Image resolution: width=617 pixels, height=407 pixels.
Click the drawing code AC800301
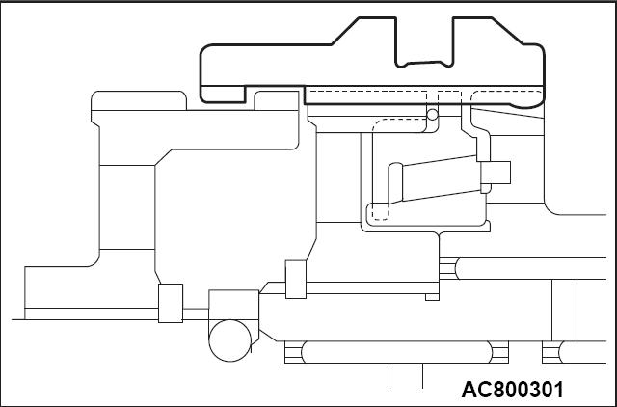(512, 390)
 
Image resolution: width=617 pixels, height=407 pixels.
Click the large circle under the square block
(229, 340)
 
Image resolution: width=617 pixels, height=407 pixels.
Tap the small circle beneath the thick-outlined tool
(433, 115)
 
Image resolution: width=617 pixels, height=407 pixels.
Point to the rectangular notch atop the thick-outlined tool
(424, 41)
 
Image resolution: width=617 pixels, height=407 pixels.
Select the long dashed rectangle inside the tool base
(367, 97)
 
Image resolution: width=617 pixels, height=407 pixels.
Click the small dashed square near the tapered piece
(381, 212)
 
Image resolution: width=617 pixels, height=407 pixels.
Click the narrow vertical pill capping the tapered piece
(395, 183)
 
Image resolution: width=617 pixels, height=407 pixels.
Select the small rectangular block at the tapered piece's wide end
(496, 173)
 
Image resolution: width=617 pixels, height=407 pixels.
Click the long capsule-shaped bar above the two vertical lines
(396, 352)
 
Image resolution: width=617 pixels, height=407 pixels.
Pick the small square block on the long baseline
(171, 303)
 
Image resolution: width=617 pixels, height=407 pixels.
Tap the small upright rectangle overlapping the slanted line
(296, 280)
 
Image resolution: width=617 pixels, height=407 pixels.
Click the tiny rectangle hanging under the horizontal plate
(432, 297)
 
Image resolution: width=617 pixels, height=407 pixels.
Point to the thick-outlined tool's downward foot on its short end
(223, 95)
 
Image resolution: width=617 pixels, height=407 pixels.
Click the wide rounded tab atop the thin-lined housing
(139, 100)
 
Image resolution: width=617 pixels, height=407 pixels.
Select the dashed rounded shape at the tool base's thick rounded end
(507, 97)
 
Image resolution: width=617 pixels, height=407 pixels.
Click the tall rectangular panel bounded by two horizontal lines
(127, 207)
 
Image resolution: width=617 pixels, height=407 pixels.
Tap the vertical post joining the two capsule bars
(564, 311)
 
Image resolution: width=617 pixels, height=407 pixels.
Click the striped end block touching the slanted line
(293, 352)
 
